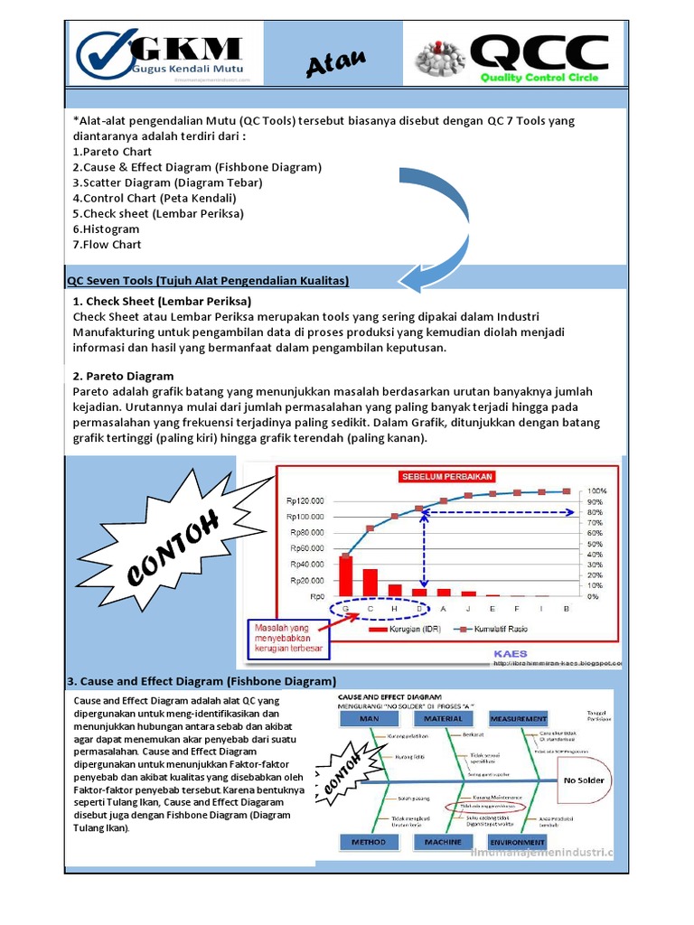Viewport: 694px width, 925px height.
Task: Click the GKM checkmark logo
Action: pyautogui.click(x=106, y=55)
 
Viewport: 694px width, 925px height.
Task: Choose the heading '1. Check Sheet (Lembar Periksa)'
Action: pyautogui.click(x=161, y=301)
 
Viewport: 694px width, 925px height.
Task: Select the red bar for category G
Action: pyautogui.click(x=346, y=575)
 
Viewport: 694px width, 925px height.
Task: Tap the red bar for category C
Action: pyautogui.click(x=370, y=583)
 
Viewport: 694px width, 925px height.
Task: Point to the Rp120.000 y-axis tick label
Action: pyautogui.click(x=305, y=500)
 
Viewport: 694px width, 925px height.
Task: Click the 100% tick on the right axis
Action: pyautogui.click(x=598, y=491)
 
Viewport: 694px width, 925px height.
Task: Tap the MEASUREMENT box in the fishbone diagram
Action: pyautogui.click(x=519, y=718)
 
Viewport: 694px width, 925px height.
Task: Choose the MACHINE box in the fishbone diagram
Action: pyautogui.click(x=443, y=842)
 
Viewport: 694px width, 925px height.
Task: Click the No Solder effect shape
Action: pyautogui.click(x=585, y=779)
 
